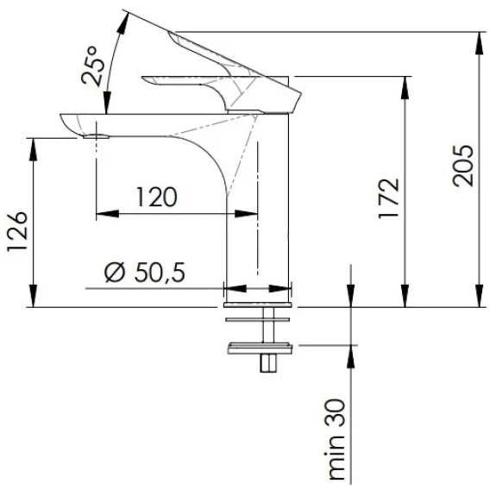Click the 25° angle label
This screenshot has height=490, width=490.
93,66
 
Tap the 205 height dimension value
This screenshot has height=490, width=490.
463,166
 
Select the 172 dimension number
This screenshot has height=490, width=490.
389,198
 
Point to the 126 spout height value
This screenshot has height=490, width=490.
17,232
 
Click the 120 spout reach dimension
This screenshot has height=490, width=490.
157,197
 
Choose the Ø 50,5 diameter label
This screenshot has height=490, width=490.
145,273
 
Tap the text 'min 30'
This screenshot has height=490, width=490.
336,440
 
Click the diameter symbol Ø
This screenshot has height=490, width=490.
115,273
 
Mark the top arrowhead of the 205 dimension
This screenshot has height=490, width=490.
480,43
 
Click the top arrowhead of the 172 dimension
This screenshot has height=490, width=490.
405,87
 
